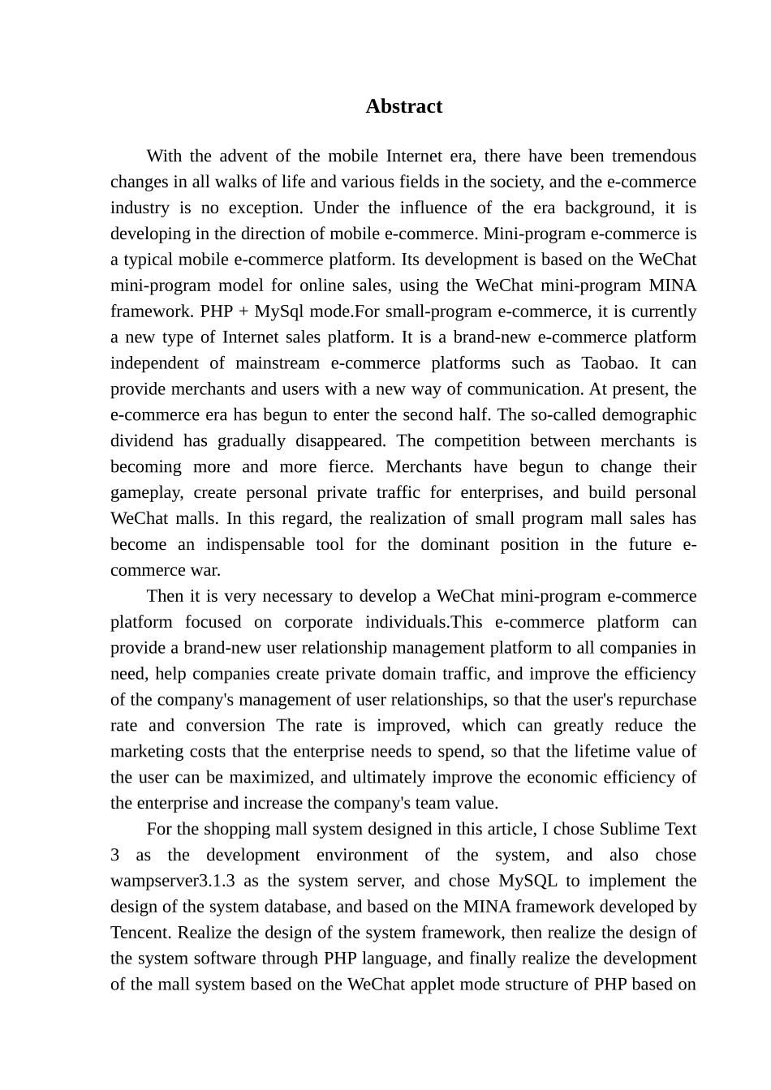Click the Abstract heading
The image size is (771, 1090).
click(x=403, y=107)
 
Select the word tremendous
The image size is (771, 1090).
click(x=653, y=157)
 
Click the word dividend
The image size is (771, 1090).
click(x=141, y=441)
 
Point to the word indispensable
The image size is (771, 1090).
click(x=253, y=545)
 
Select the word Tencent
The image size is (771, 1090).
click(x=140, y=933)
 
